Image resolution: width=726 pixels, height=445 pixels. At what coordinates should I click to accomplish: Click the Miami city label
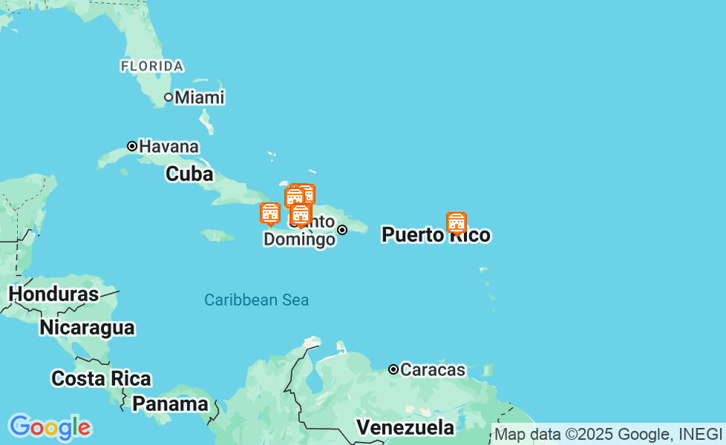pos(199,97)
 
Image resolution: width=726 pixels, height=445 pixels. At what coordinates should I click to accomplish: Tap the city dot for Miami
pos(169,97)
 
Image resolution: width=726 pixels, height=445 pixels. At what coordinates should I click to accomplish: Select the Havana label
pos(169,146)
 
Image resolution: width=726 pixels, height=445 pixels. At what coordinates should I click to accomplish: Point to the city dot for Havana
pos(132,146)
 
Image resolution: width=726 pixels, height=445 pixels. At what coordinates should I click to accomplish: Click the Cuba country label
pos(189,174)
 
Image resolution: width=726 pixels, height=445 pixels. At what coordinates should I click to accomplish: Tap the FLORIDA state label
pos(152,66)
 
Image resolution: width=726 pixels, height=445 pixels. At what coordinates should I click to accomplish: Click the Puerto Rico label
pos(436,235)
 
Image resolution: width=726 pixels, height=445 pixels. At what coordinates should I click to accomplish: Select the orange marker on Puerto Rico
pos(457,222)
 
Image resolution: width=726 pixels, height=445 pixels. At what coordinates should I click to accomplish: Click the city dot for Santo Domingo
pos(342,230)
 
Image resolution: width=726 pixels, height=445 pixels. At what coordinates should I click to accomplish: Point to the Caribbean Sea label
pos(257,300)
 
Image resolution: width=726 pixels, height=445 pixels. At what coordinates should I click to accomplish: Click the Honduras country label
pos(53,294)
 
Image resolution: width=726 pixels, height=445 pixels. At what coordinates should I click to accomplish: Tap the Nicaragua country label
pos(87,327)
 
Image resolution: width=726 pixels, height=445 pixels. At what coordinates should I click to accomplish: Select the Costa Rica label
pos(101,378)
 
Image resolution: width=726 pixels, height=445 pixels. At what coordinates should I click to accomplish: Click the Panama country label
pos(171,404)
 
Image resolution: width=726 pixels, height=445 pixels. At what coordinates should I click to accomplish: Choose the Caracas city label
pos(433,369)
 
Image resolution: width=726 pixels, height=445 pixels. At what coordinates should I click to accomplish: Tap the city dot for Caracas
pos(393,369)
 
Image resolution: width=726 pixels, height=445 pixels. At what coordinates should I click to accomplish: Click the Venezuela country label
pos(405,427)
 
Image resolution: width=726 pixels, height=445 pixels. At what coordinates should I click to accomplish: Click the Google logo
pos(50,428)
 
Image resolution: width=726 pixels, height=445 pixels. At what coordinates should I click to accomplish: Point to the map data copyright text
pos(608,434)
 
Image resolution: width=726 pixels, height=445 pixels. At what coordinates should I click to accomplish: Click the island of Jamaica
pos(218,235)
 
